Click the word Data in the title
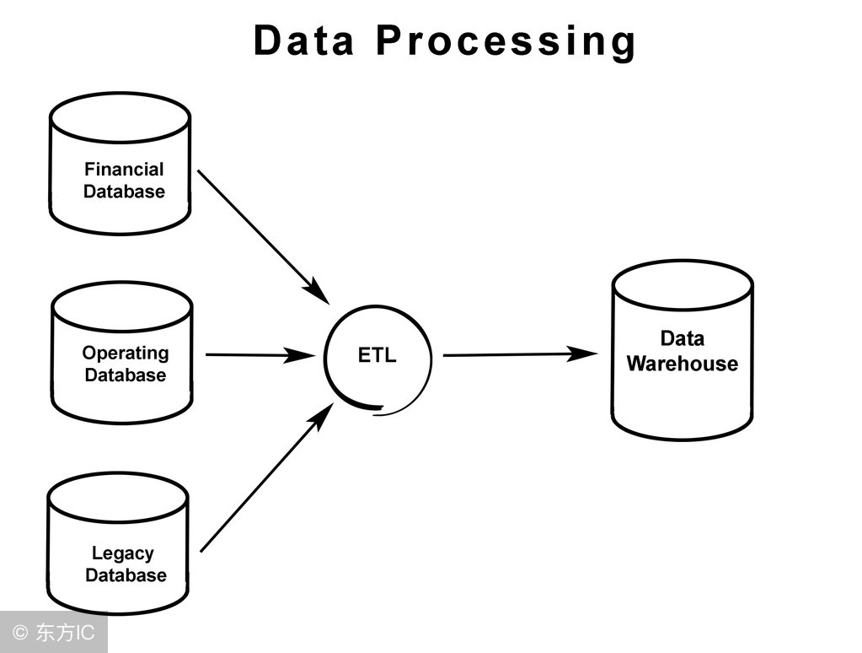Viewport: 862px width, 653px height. pyautogui.click(x=304, y=40)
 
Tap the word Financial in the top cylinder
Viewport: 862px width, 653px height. pyautogui.click(x=124, y=170)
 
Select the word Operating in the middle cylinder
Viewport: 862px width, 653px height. pyautogui.click(x=125, y=353)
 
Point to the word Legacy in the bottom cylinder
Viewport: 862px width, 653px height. pyautogui.click(x=123, y=553)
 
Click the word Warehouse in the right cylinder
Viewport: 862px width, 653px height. pyautogui.click(x=682, y=364)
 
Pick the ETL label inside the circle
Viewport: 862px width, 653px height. pyautogui.click(x=377, y=355)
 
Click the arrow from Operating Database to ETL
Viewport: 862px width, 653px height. pyautogui.click(x=253, y=355)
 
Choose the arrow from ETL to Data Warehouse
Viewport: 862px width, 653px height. pyautogui.click(x=514, y=354)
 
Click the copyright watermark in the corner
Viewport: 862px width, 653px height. pyautogui.click(x=53, y=633)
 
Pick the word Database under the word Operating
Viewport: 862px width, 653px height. pyautogui.click(x=126, y=375)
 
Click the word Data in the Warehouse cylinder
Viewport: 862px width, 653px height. pyautogui.click(x=682, y=338)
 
